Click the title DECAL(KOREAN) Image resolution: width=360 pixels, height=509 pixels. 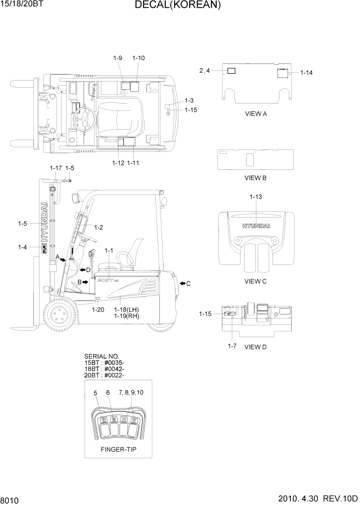pyautogui.click(x=177, y=6)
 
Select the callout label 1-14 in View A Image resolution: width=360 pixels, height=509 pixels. pyautogui.click(x=306, y=73)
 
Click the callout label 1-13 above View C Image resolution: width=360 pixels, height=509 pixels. pyautogui.click(x=256, y=197)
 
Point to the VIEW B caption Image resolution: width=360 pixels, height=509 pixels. pyautogui.click(x=255, y=178)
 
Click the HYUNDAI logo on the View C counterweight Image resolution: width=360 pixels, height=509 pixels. pyautogui.click(x=256, y=225)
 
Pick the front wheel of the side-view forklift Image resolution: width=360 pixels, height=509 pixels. pyautogui.click(x=61, y=315)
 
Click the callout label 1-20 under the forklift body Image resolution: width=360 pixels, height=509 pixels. pyautogui.click(x=97, y=310)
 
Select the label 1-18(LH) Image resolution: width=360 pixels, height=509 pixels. pyautogui.click(x=127, y=310)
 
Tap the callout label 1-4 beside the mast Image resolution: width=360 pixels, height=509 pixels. pyautogui.click(x=22, y=247)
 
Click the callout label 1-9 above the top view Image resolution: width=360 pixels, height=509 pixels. pyautogui.click(x=117, y=58)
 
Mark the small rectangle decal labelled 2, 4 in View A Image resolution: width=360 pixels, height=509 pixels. pyautogui.click(x=231, y=70)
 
